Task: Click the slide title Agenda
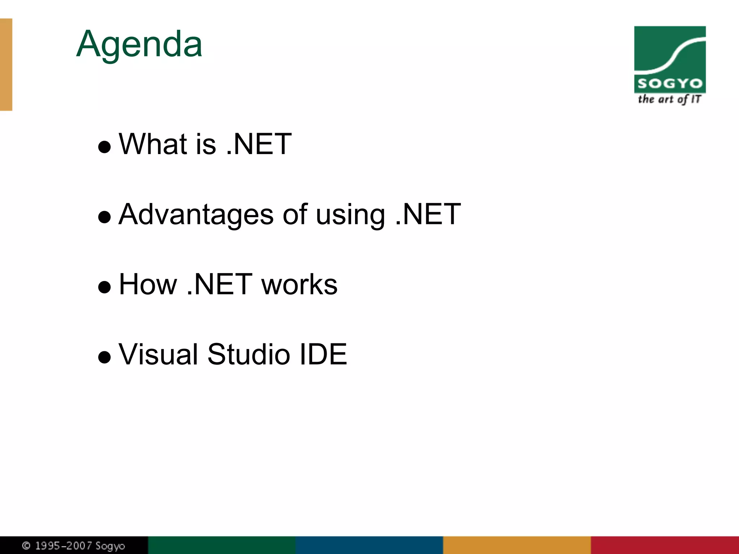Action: [139, 44]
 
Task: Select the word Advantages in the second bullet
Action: [196, 214]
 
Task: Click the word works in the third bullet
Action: [299, 284]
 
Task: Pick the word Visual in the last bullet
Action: [158, 354]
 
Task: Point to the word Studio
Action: [249, 354]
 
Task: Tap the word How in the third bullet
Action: [148, 284]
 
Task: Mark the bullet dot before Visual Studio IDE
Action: [104, 357]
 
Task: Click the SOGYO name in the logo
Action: [670, 84]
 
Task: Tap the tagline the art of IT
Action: [669, 99]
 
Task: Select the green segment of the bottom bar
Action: [222, 545]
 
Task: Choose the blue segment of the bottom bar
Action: [369, 545]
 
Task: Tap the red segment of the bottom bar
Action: [665, 545]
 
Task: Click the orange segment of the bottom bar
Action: [517, 545]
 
